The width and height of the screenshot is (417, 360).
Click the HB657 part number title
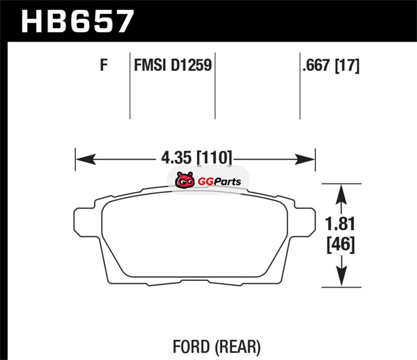point(77,21)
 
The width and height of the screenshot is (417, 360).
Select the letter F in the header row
point(104,65)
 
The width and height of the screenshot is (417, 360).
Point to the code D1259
point(191,65)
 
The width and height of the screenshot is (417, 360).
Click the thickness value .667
point(316,65)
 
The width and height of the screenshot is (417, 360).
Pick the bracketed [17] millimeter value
point(347,66)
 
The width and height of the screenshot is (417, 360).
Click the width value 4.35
point(176,157)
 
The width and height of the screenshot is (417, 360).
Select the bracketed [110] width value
point(214,158)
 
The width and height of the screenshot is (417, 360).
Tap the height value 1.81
point(340,224)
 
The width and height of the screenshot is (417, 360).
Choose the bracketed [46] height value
point(341,245)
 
